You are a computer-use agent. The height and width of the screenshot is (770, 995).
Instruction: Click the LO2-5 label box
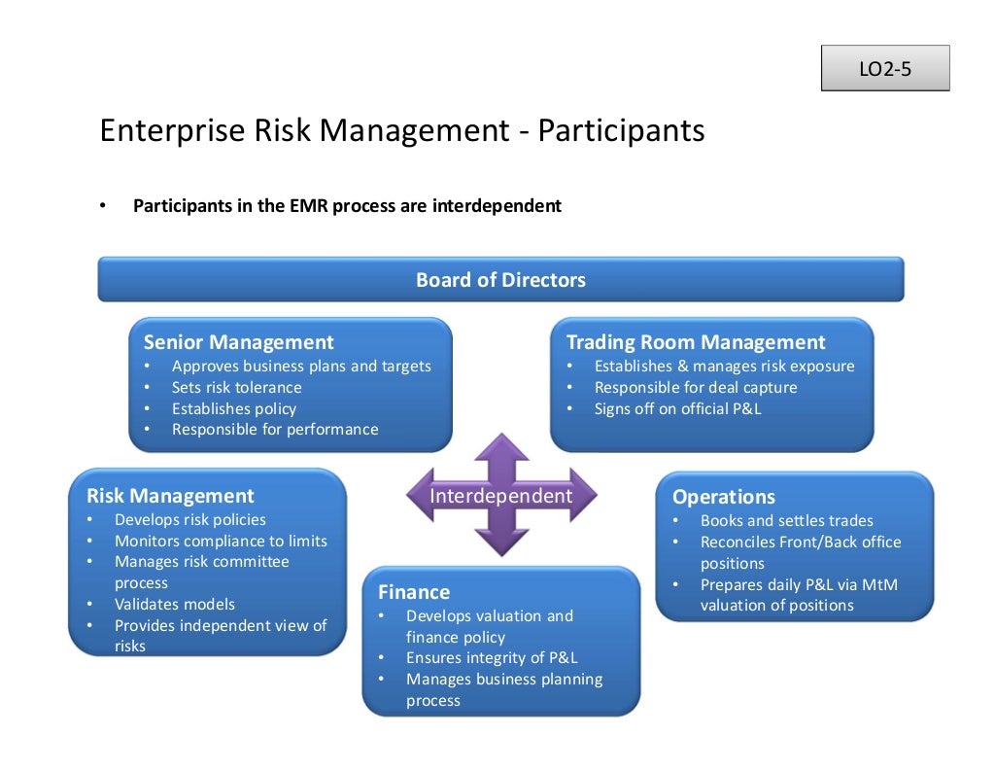(884, 69)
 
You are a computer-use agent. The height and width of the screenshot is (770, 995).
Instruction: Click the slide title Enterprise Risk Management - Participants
(402, 130)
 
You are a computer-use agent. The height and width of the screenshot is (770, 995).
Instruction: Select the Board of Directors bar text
(500, 280)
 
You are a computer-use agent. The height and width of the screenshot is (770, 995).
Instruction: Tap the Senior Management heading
(238, 342)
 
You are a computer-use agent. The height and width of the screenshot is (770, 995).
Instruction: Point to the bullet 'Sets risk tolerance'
(236, 387)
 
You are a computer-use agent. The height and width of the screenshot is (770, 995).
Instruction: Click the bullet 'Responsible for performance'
(275, 429)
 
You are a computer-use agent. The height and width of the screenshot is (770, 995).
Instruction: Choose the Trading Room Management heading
(695, 342)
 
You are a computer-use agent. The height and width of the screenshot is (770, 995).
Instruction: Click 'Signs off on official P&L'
(677, 408)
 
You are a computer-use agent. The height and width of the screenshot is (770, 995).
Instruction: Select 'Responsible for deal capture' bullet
(695, 387)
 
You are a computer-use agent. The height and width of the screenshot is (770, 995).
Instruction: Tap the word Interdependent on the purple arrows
(500, 496)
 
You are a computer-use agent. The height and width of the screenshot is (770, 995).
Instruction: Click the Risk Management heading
(170, 496)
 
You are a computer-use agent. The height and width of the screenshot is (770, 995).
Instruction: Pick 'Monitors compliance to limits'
(221, 541)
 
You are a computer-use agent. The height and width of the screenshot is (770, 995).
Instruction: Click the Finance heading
(414, 592)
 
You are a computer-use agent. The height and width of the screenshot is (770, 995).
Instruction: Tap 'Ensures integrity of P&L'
(492, 657)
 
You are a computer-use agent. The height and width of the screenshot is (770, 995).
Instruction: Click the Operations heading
(723, 497)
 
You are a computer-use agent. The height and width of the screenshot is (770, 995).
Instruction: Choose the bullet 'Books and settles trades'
(786, 520)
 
